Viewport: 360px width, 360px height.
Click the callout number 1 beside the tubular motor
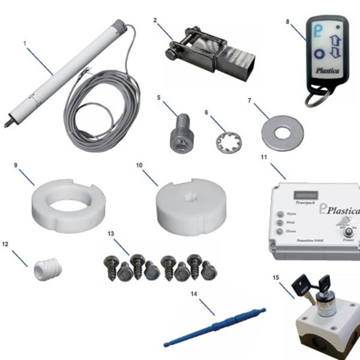[x=25, y=44]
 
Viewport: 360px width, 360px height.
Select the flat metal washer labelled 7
[x=282, y=133]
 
